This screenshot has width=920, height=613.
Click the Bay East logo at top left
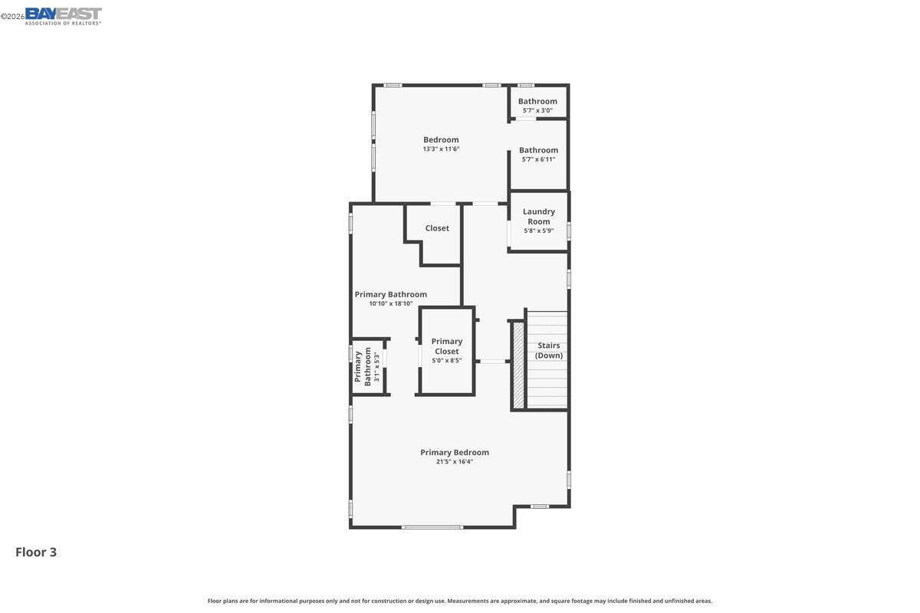pyautogui.click(x=63, y=16)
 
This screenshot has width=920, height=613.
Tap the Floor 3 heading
pyautogui.click(x=36, y=552)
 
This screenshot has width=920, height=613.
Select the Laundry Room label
pyautogui.click(x=539, y=216)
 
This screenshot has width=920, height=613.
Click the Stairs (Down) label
pyautogui.click(x=549, y=350)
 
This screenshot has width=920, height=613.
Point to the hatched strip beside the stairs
pyautogui.click(x=518, y=365)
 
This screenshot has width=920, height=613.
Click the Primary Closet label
pyautogui.click(x=447, y=346)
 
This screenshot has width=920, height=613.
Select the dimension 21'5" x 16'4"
pyautogui.click(x=455, y=461)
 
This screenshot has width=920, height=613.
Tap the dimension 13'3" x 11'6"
pyautogui.click(x=441, y=149)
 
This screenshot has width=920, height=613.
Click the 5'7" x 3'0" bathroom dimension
pyautogui.click(x=537, y=110)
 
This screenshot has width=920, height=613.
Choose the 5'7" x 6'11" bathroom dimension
pyautogui.click(x=538, y=159)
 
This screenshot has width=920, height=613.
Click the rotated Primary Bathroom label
pyautogui.click(x=363, y=366)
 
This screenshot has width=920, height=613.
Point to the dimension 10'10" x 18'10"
pyautogui.click(x=391, y=303)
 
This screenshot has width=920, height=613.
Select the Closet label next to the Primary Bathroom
pyautogui.click(x=437, y=228)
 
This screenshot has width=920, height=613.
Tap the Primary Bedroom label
pyautogui.click(x=455, y=452)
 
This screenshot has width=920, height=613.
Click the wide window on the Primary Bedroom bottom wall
pyautogui.click(x=432, y=527)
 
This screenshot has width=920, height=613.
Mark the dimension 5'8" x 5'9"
pyautogui.click(x=539, y=231)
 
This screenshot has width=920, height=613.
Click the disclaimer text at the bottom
pyautogui.click(x=460, y=601)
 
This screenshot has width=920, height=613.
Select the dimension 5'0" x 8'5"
pyautogui.click(x=447, y=360)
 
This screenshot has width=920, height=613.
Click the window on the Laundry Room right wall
pyautogui.click(x=569, y=231)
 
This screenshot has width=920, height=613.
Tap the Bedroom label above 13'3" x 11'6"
pyautogui.click(x=441, y=139)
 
